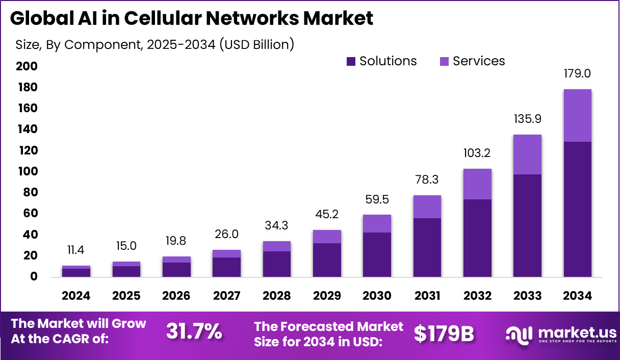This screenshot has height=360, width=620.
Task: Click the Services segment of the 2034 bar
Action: click(x=578, y=115)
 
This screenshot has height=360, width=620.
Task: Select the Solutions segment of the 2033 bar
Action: click(x=527, y=225)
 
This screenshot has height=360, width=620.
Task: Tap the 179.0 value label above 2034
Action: click(x=578, y=73)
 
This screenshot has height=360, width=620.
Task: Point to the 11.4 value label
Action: click(x=76, y=250)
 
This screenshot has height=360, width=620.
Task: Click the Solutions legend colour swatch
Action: click(x=351, y=62)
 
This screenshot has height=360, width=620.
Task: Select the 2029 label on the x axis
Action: click(x=327, y=296)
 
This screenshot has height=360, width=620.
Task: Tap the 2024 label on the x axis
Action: click(x=76, y=296)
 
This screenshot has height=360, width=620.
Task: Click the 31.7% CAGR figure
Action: click(x=194, y=332)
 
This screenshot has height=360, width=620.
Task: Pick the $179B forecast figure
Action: click(x=444, y=333)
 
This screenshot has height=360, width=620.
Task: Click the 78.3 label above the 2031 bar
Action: click(x=427, y=179)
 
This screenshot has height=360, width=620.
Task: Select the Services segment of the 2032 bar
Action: click(x=477, y=184)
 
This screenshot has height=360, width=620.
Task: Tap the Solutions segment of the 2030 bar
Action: click(x=377, y=254)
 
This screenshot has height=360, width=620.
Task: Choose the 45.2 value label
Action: click(x=327, y=214)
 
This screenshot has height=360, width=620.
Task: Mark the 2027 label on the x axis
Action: click(x=226, y=296)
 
